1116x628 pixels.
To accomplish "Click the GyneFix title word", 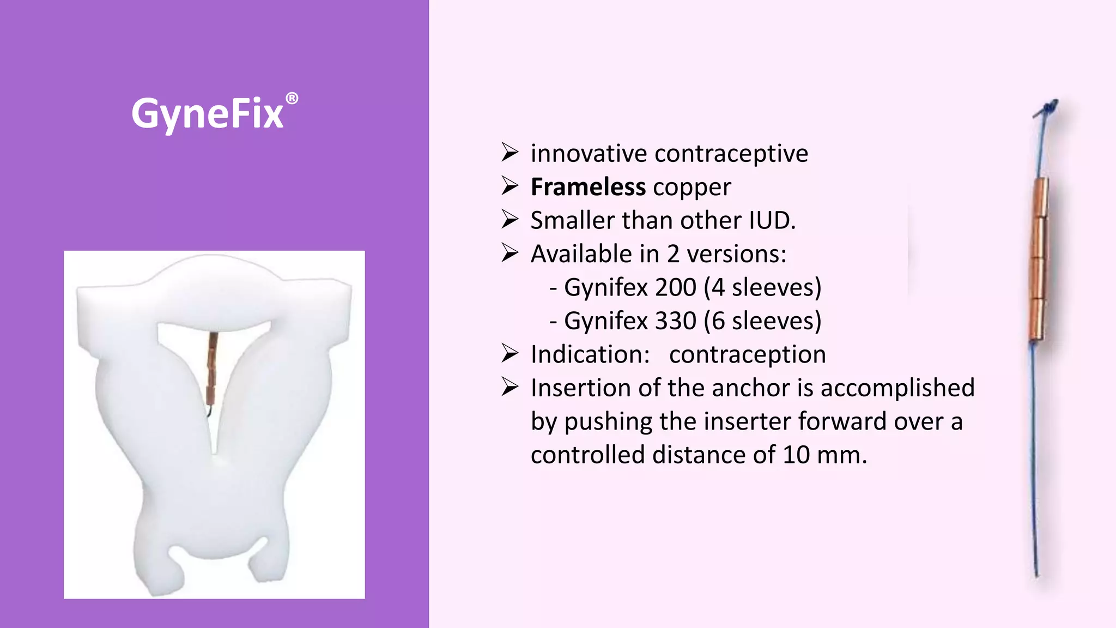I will pyautogui.click(x=208, y=114).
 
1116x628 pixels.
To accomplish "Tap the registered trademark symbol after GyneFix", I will pyautogui.click(x=292, y=99).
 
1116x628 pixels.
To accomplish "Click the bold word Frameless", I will pyautogui.click(x=588, y=187).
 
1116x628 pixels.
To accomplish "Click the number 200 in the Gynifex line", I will pyautogui.click(x=676, y=287).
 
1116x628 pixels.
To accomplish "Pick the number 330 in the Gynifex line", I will pyautogui.click(x=676, y=321).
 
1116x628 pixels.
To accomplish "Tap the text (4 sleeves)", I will pyautogui.click(x=762, y=287).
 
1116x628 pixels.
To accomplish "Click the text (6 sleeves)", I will pyautogui.click(x=762, y=321).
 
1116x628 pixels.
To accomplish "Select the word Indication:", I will pyautogui.click(x=590, y=354).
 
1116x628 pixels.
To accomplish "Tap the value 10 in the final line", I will pyautogui.click(x=796, y=455).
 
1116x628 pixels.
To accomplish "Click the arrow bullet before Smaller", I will pyautogui.click(x=510, y=220).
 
